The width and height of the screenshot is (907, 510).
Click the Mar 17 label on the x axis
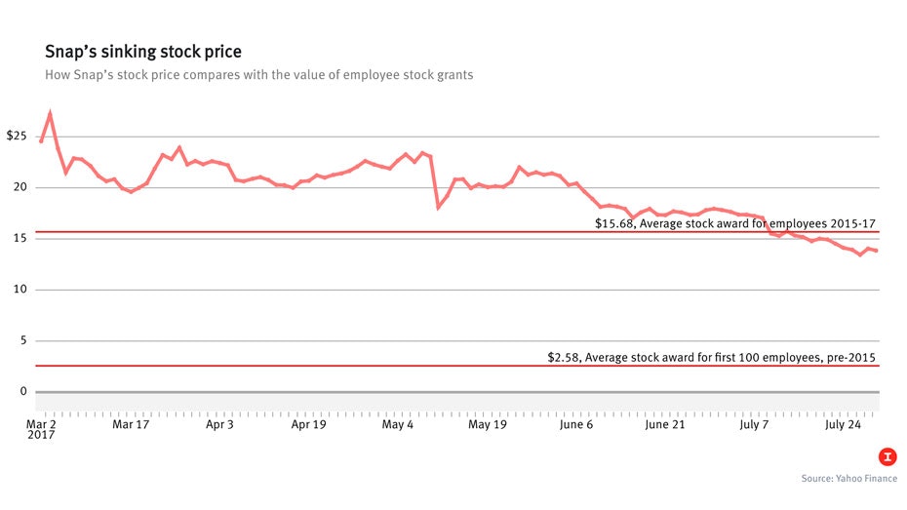[x=131, y=425]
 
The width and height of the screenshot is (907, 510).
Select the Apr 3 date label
[x=218, y=425]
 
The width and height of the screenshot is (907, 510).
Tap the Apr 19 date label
[x=308, y=425]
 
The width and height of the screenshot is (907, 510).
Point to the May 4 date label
[x=397, y=425]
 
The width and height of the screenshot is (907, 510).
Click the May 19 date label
[x=487, y=425]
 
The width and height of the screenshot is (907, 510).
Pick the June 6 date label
[x=576, y=425]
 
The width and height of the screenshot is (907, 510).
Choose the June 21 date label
[x=665, y=425]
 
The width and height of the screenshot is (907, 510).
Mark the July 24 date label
[x=844, y=425]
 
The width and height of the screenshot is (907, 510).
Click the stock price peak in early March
[x=50, y=113]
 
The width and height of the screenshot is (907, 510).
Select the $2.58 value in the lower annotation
[x=565, y=358]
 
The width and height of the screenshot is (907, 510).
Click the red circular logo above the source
[x=887, y=456]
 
